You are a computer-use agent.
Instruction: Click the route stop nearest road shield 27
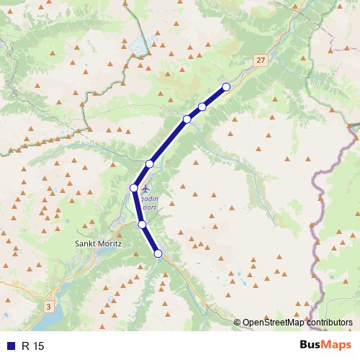[x=225, y=87]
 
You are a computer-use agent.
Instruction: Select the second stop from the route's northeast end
[x=202, y=107]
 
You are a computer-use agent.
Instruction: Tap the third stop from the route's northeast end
[x=186, y=119]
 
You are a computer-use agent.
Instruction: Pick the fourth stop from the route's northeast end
[x=150, y=164]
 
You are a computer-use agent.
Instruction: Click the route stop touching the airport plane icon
[x=134, y=188]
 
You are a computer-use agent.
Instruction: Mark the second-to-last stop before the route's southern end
[x=143, y=225]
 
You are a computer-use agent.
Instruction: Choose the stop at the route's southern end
[x=158, y=253]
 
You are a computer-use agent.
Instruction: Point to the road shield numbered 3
[x=49, y=307]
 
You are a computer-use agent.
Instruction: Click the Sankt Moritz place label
[x=99, y=243]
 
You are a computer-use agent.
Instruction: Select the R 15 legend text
[x=33, y=346]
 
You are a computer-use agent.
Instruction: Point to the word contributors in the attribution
[x=330, y=323]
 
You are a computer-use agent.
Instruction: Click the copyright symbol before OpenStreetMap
[x=238, y=323]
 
